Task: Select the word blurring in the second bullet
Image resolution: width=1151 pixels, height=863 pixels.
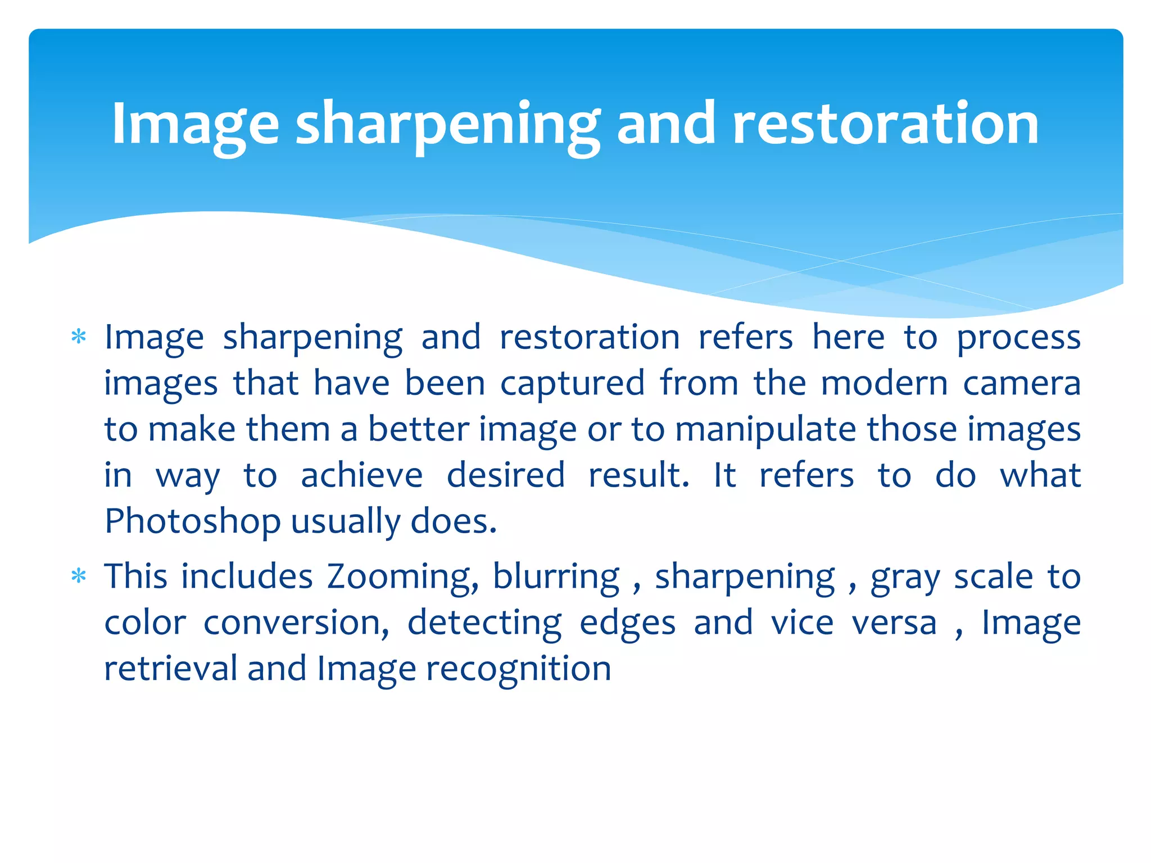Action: point(556,578)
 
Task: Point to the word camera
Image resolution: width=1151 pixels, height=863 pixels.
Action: point(1022,384)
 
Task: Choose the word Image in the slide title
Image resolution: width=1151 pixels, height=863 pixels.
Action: point(195,125)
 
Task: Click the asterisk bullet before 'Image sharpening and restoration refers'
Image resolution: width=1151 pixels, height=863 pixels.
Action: point(79,338)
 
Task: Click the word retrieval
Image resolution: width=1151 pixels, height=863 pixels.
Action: point(170,669)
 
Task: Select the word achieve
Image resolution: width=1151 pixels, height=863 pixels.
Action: point(361,475)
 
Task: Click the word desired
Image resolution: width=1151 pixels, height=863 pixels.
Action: point(506,475)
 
